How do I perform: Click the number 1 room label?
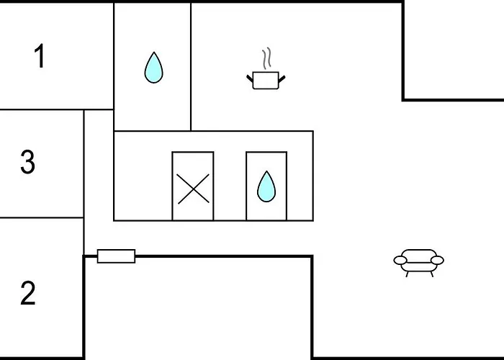(40, 56)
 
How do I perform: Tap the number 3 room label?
(27, 163)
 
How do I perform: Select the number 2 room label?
(27, 294)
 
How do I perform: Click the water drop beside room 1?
(153, 68)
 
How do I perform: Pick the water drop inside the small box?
(266, 187)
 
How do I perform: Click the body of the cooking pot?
(266, 80)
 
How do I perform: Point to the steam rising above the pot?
(267, 58)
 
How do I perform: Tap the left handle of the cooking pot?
(250, 76)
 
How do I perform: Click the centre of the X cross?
(192, 189)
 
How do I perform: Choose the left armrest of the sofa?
(399, 260)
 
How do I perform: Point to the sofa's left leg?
(408, 272)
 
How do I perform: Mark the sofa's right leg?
(430, 272)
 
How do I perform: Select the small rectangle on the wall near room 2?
(116, 256)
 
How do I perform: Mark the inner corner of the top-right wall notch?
(402, 99)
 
